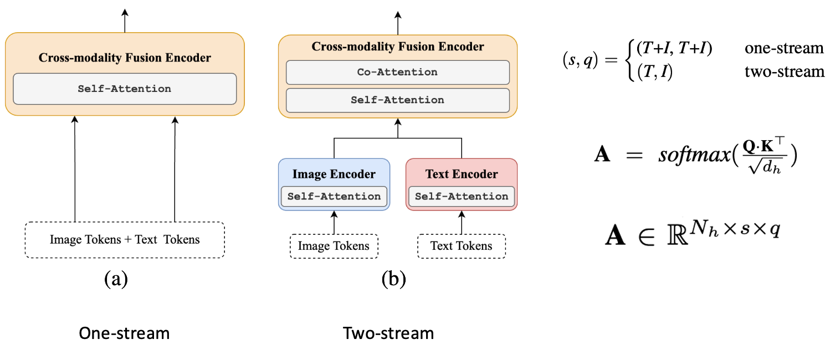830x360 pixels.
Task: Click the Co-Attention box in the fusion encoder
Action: pyautogui.click(x=397, y=72)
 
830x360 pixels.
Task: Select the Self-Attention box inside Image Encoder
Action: pyautogui.click(x=334, y=196)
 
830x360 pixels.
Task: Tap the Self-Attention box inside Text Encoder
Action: pyautogui.click(x=462, y=196)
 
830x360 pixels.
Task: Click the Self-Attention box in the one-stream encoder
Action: pyautogui.click(x=125, y=89)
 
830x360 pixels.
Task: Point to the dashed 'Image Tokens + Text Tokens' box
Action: pyautogui.click(x=125, y=240)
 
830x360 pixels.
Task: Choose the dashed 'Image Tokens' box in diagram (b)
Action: pyautogui.click(x=334, y=246)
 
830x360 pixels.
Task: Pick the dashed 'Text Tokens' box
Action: pyautogui.click(x=462, y=246)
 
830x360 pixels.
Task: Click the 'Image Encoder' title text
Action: pyautogui.click(x=334, y=174)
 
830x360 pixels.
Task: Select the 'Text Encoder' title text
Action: pyautogui.click(x=462, y=174)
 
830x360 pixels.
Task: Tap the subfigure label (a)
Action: pyautogui.click(x=116, y=279)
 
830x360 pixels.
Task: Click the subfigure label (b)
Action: pyautogui.click(x=393, y=279)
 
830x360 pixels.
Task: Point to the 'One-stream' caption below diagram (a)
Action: pyautogui.click(x=124, y=333)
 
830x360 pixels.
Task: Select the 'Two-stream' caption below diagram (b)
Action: pyautogui.click(x=388, y=333)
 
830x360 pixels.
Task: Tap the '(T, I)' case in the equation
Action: pyautogui.click(x=654, y=71)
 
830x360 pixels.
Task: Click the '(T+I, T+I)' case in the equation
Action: pyautogui.click(x=674, y=49)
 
